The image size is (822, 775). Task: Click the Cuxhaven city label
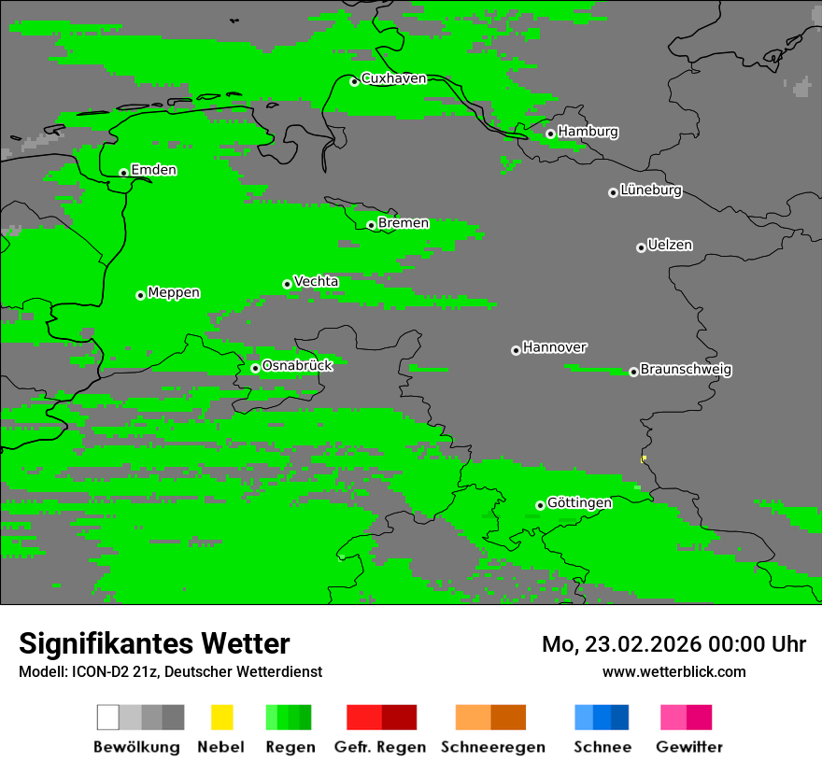pyautogui.click(x=393, y=78)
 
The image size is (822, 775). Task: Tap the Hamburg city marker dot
pyautogui.click(x=550, y=134)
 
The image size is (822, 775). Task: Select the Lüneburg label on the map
pyautogui.click(x=651, y=190)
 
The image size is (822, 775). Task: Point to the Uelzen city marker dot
pyautogui.click(x=641, y=247)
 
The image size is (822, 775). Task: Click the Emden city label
pyautogui.click(x=153, y=170)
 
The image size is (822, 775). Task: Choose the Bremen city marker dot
pyautogui.click(x=371, y=225)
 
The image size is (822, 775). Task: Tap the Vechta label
pyautogui.click(x=316, y=281)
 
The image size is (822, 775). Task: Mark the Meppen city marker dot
pyautogui.click(x=140, y=295)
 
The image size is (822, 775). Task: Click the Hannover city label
pyautogui.click(x=555, y=347)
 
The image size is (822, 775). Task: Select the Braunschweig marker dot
pyautogui.click(x=633, y=372)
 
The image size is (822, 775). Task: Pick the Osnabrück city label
pyautogui.click(x=297, y=365)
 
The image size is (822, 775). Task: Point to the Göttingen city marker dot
pyautogui.click(x=540, y=506)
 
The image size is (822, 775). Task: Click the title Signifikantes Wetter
pyautogui.click(x=154, y=643)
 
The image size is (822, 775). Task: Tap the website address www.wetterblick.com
pyautogui.click(x=673, y=671)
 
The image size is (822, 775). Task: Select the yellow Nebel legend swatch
pyautogui.click(x=221, y=717)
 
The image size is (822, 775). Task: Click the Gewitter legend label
pyautogui.click(x=688, y=747)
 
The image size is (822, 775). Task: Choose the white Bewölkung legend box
pyautogui.click(x=108, y=717)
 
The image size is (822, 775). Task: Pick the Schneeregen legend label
pyautogui.click(x=492, y=747)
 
